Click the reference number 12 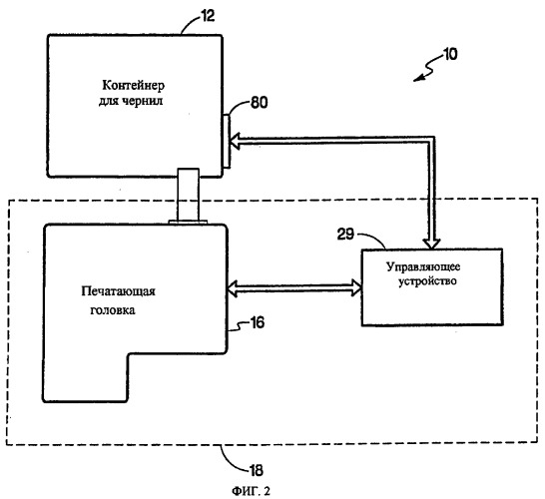[x=208, y=16]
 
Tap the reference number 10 [x=450, y=54]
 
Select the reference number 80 [x=259, y=103]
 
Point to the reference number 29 [x=345, y=235]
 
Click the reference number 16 [x=257, y=322]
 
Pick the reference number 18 [x=257, y=471]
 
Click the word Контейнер [x=133, y=85]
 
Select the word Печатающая [x=119, y=291]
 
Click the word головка [x=113, y=310]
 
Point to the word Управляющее [x=423, y=266]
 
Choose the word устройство [x=427, y=280]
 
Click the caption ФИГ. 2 [x=251, y=491]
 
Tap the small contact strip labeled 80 [x=226, y=142]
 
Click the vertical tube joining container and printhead [x=188, y=196]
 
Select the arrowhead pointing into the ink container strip [x=235, y=141]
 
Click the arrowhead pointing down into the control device [x=431, y=244]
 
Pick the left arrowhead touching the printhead [x=232, y=288]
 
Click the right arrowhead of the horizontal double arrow [x=356, y=287]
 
